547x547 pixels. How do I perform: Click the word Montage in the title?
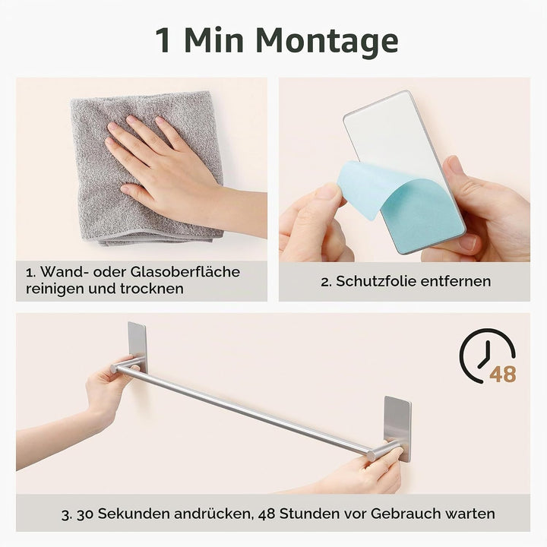(327, 41)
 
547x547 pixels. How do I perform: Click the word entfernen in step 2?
(456, 281)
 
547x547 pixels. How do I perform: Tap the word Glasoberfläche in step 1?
(185, 272)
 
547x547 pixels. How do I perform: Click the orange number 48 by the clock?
(503, 375)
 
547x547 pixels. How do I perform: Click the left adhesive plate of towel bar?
(137, 346)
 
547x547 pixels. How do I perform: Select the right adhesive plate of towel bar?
(397, 427)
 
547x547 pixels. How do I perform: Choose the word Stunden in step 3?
(309, 514)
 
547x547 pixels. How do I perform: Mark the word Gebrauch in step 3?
(405, 514)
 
